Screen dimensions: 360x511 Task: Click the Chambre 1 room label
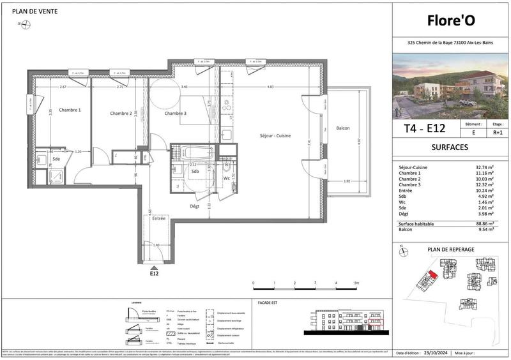point(70,110)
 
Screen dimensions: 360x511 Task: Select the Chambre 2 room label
point(121,114)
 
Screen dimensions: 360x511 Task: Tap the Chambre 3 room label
point(175,114)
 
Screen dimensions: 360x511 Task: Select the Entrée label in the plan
point(158,219)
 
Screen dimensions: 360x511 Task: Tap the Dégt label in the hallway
point(195,206)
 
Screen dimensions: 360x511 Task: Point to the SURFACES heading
point(451,147)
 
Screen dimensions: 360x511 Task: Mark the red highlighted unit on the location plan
point(433,274)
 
